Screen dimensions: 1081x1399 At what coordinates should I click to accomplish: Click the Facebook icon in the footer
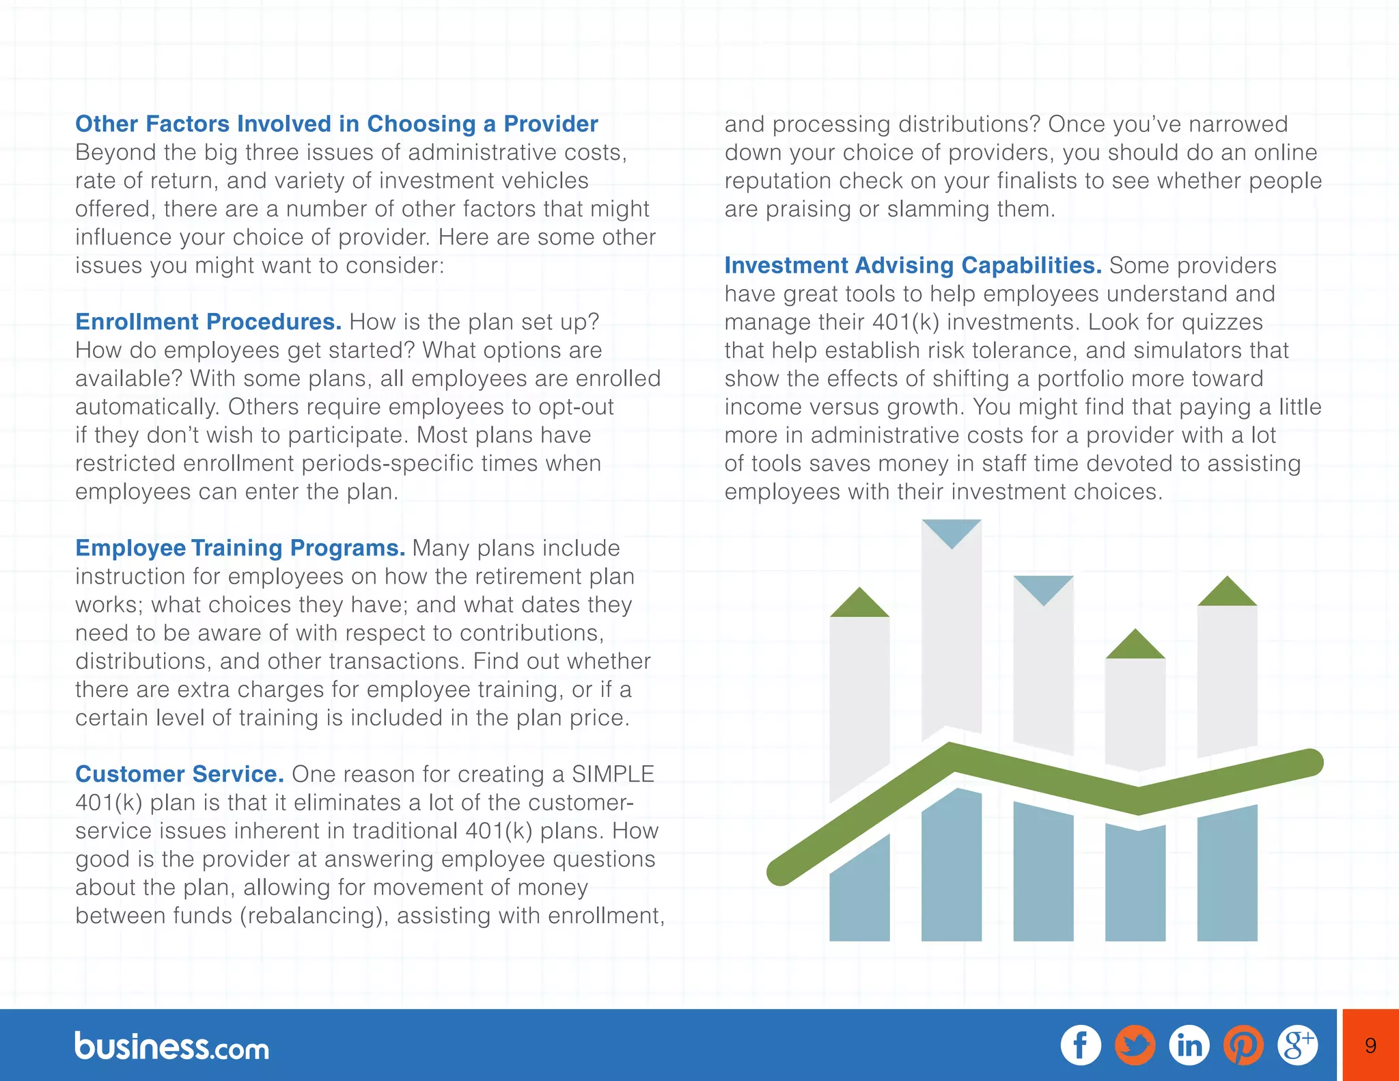coord(1081,1045)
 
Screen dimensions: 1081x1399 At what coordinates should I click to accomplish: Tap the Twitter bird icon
coord(1135,1045)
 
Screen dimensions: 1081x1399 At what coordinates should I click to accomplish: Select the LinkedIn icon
coord(1189,1045)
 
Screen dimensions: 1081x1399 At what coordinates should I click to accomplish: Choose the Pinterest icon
coord(1243,1045)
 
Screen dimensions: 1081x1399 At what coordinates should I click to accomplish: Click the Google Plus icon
coord(1297,1045)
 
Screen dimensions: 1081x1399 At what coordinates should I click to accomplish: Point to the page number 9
coord(1370,1045)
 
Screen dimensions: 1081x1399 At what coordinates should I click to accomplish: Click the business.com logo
coord(172,1047)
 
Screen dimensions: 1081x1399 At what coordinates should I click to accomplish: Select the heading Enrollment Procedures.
coord(208,322)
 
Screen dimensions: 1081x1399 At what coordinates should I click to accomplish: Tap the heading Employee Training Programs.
coord(240,548)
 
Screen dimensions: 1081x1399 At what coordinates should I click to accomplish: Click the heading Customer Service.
coord(180,774)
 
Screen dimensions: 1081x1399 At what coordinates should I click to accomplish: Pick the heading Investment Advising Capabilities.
coord(913,265)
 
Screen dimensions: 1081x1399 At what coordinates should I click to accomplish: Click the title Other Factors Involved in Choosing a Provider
coord(336,124)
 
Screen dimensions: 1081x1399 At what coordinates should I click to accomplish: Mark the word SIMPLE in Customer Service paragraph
coord(613,774)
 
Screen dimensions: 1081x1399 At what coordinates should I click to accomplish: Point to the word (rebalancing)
coord(314,916)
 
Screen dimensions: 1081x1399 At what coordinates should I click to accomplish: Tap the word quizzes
coord(1222,322)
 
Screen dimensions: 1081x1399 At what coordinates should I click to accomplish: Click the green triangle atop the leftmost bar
coord(859,604)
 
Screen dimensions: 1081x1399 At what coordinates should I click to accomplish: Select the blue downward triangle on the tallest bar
coord(951,532)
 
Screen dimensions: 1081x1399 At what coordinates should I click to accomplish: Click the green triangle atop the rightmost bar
coord(1227,593)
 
